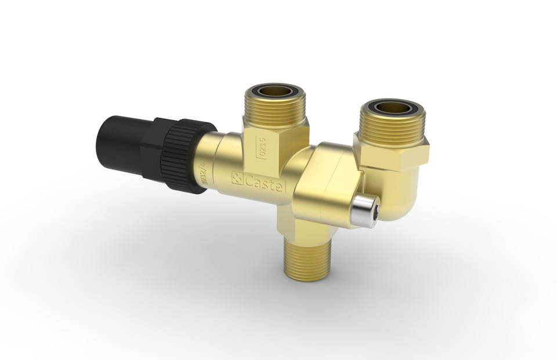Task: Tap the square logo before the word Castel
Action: (237, 178)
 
